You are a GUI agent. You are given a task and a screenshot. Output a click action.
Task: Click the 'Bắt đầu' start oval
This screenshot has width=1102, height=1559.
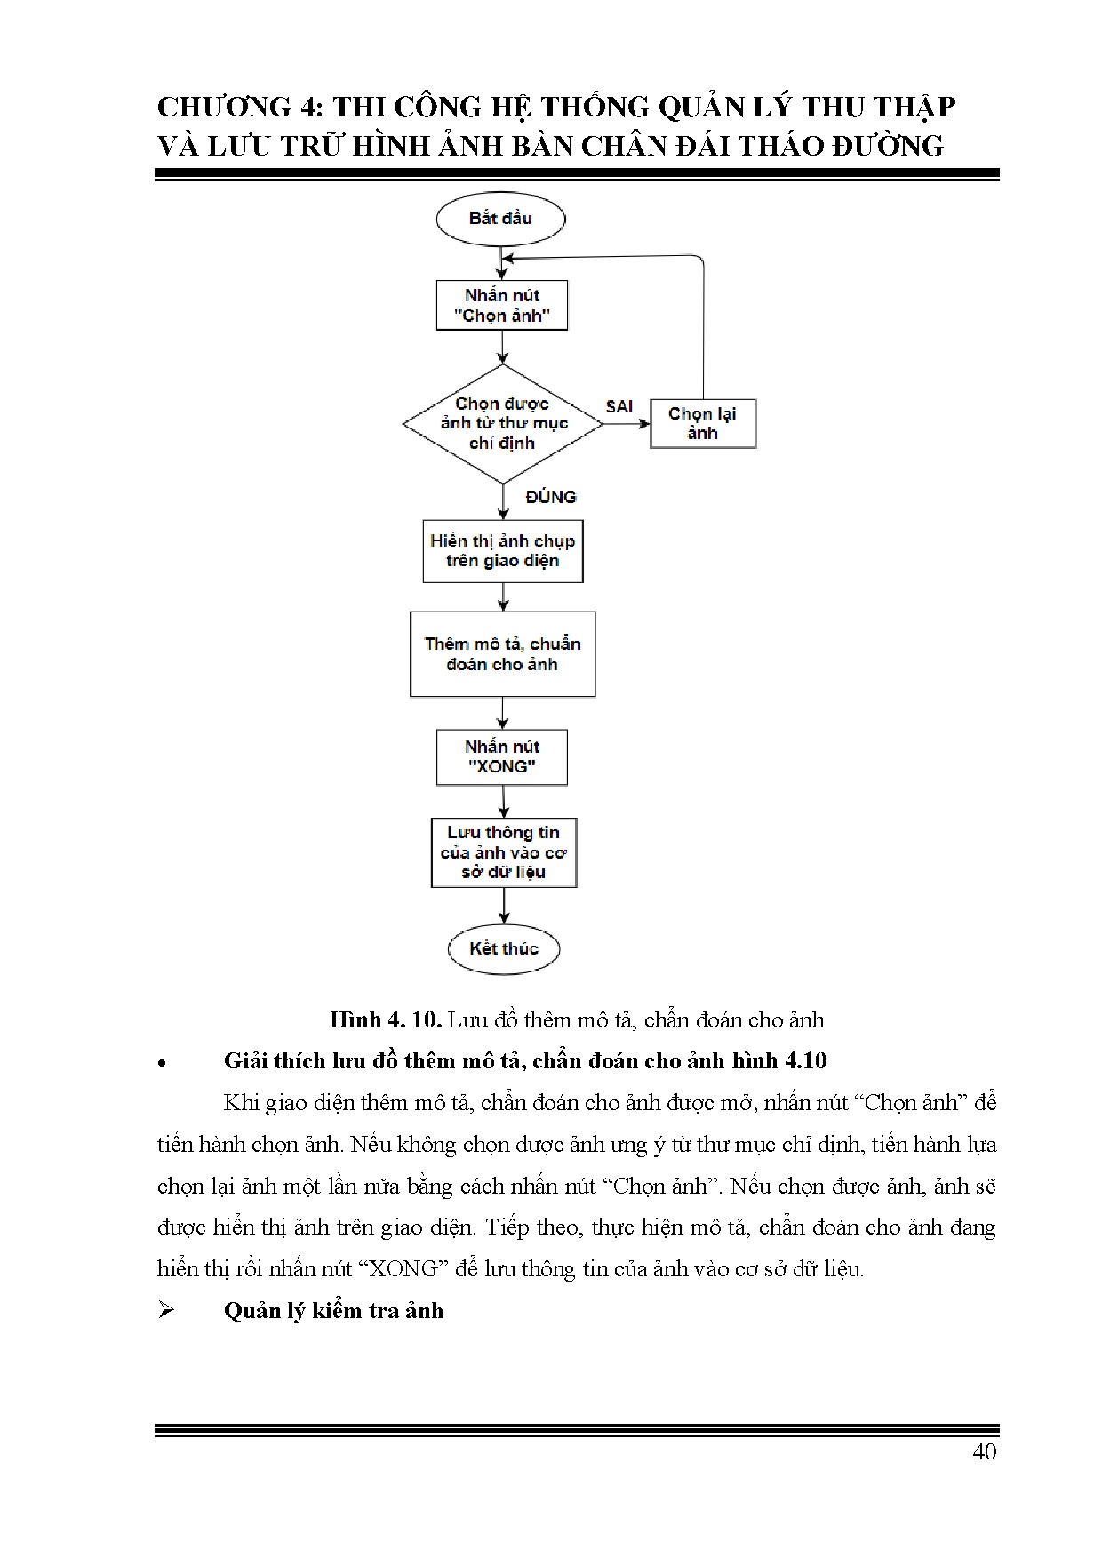pyautogui.click(x=500, y=219)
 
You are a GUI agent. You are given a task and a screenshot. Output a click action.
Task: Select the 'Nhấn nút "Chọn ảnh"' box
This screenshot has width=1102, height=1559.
pyautogui.click(x=502, y=306)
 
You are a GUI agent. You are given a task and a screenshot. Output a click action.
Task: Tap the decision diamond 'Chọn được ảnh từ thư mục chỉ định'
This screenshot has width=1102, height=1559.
pyautogui.click(x=502, y=423)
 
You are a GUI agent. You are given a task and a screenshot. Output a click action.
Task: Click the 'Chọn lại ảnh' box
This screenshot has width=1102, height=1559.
pyautogui.click(x=702, y=423)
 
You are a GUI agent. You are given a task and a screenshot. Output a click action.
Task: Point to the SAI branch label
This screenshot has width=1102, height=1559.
pyautogui.click(x=619, y=406)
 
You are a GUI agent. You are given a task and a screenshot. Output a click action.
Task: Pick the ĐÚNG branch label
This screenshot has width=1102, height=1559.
pyautogui.click(x=550, y=497)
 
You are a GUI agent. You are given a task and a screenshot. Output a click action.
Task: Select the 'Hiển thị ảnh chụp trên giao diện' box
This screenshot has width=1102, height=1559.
pyautogui.click(x=502, y=551)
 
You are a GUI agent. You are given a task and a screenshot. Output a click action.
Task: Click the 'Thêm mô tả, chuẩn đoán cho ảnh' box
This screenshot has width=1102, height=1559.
pyautogui.click(x=502, y=654)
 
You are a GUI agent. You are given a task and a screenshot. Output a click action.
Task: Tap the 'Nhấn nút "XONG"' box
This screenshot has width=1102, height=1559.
pyautogui.click(x=502, y=757)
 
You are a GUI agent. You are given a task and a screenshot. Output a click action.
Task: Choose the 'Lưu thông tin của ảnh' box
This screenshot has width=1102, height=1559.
pyautogui.click(x=504, y=852)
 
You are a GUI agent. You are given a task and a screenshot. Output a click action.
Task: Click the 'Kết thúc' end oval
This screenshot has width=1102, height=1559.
pyautogui.click(x=504, y=948)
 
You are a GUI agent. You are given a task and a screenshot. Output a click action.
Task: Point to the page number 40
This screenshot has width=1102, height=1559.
pyautogui.click(x=985, y=1451)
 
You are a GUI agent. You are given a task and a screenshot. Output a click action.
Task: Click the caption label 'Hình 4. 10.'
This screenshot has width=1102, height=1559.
pyautogui.click(x=386, y=1019)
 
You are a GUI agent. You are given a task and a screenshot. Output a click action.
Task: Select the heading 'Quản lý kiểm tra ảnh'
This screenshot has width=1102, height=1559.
pyautogui.click(x=333, y=1311)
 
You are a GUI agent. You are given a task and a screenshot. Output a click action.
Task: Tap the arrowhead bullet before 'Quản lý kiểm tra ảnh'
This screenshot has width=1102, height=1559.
pyautogui.click(x=165, y=1311)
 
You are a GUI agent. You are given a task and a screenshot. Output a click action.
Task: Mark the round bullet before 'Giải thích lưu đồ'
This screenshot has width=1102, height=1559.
pyautogui.click(x=162, y=1063)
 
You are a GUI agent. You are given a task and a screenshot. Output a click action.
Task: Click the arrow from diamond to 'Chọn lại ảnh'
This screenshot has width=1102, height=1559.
pyautogui.click(x=627, y=424)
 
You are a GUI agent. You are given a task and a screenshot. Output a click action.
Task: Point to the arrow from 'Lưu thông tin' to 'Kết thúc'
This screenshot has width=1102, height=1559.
pyautogui.click(x=504, y=907)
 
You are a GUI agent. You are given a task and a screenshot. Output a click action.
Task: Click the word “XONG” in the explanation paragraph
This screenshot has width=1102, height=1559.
pyautogui.click(x=403, y=1269)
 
